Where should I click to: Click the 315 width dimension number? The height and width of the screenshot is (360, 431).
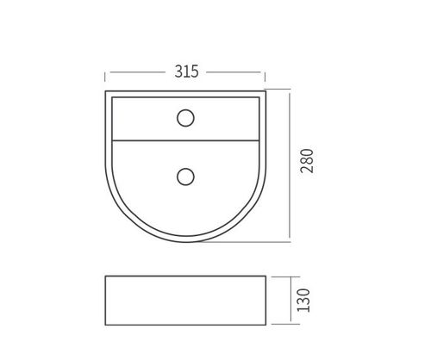[186, 71]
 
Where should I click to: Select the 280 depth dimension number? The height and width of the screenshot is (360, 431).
[307, 161]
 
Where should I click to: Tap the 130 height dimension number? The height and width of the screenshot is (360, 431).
[303, 301]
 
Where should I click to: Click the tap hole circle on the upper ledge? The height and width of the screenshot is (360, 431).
[185, 118]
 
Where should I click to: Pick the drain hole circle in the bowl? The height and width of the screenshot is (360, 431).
[185, 177]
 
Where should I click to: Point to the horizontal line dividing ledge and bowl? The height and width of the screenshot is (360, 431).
[185, 140]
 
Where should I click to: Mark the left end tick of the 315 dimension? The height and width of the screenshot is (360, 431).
[105, 78]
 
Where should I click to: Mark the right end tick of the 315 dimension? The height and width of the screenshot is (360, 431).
[265, 78]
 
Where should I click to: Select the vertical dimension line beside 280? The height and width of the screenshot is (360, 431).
[290, 165]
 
